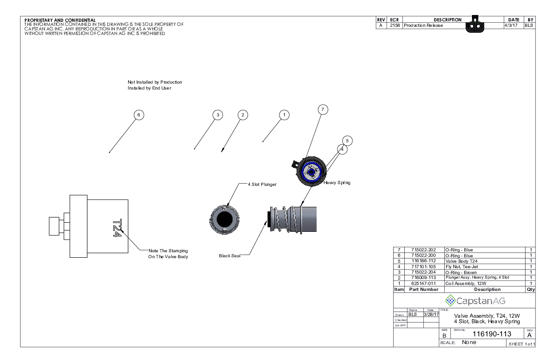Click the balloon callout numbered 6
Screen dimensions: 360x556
pyautogui.click(x=139, y=115)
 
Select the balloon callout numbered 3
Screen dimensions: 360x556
pyautogui.click(x=218, y=115)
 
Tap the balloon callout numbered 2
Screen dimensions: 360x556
pyautogui.click(x=243, y=115)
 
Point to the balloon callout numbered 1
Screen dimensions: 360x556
pyautogui.click(x=284, y=115)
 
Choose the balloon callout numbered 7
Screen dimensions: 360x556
pyautogui.click(x=323, y=110)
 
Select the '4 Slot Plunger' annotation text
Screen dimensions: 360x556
pyautogui.click(x=262, y=184)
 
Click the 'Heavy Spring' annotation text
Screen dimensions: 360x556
pyautogui.click(x=337, y=183)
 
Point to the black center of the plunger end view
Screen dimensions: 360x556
pyautogui.click(x=224, y=219)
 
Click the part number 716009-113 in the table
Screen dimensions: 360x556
pyautogui.click(x=423, y=278)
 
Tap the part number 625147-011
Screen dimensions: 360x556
pyautogui.click(x=423, y=283)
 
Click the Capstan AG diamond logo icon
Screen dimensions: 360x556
pyautogui.click(x=451, y=300)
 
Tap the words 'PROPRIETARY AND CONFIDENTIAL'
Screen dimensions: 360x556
pyautogui.click(x=60, y=20)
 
